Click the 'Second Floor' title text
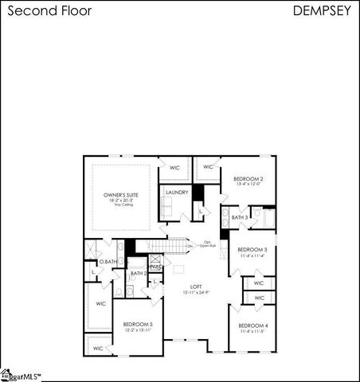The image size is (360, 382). click(46, 12)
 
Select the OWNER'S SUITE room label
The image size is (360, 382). click(122, 194)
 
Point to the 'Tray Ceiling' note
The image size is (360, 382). click(122, 205)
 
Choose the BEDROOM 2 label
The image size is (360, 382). click(248, 179)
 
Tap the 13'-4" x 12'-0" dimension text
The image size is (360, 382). click(248, 185)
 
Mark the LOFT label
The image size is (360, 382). click(196, 286)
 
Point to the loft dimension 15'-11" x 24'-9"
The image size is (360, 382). click(196, 292)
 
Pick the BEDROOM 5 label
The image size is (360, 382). click(138, 324)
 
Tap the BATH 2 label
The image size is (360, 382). click(139, 273)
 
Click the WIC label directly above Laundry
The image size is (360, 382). click(174, 167)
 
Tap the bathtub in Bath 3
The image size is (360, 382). click(268, 216)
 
